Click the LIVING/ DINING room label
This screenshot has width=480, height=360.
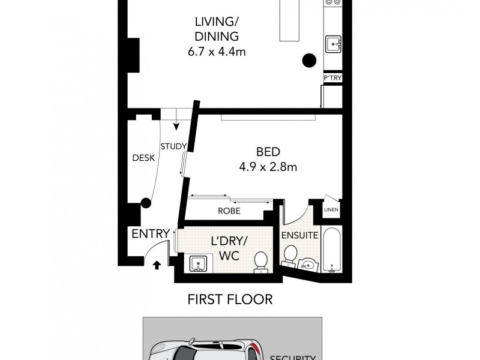pos(217,29)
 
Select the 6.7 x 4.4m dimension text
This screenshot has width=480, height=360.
pos(217,52)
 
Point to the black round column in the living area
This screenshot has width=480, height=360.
pos(309,59)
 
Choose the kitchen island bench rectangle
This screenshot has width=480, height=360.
pos(291,21)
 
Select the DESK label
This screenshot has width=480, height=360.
pos(143,158)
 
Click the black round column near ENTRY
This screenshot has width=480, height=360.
pos(145,203)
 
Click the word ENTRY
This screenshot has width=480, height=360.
pos(149,234)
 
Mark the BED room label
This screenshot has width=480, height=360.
pos(267,152)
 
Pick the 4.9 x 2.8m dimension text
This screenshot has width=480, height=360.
pos(267,167)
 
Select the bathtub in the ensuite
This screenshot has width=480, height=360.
pos(332,251)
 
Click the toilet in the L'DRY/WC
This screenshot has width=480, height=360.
pos(261,262)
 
